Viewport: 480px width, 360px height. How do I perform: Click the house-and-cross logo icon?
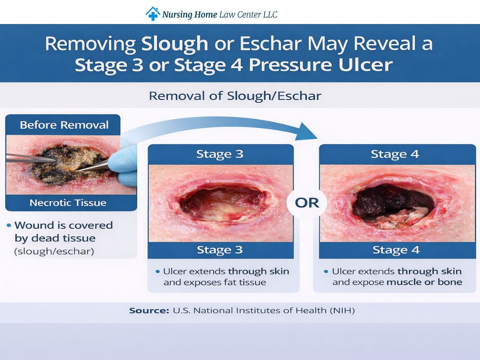(153, 13)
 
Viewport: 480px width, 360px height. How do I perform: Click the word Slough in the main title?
(175, 44)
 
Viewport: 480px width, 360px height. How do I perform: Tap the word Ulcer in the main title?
(365, 65)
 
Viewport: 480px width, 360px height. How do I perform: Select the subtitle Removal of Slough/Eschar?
(235, 96)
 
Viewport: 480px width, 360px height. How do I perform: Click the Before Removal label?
(64, 125)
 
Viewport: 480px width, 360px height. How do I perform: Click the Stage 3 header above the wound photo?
(219, 154)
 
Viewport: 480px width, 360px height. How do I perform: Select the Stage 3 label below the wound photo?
(219, 250)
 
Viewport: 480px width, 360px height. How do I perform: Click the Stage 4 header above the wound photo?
(395, 154)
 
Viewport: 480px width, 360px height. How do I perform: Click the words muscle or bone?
(424, 282)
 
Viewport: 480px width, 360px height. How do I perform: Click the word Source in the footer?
(147, 311)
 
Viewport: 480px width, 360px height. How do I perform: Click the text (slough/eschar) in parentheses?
(54, 251)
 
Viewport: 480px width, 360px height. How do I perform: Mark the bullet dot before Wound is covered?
(10, 225)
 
